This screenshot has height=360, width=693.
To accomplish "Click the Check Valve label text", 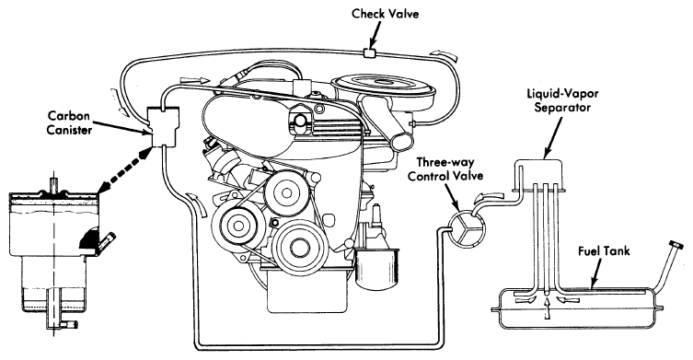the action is coord(385,14).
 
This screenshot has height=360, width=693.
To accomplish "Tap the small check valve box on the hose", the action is coord(369,52).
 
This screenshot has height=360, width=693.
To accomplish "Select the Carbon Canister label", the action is coord(69,123).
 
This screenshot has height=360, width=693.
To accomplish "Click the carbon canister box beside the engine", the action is coord(163,127).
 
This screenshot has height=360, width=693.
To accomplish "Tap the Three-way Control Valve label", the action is coord(445,168).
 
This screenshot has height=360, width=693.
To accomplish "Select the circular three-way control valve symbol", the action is coord(468,228).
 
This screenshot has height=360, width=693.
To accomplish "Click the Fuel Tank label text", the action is coord(604,251).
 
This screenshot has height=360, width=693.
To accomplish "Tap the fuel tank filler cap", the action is coord(674,245).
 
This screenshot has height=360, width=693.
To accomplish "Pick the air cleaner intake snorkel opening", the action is coord(402,140).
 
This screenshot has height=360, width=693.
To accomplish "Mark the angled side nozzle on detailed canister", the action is coord(107,241).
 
